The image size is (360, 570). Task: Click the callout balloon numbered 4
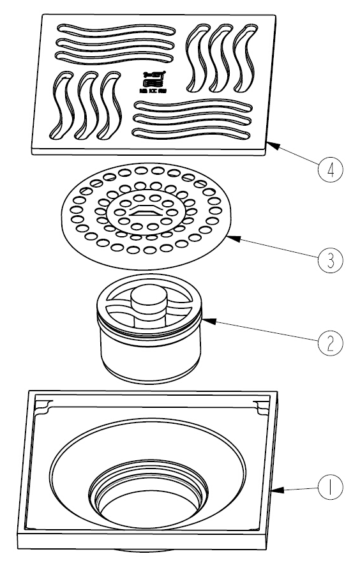click(330, 170)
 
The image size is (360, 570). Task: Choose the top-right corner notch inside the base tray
click(261, 405)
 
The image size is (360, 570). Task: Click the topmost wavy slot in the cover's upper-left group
click(115, 29)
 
